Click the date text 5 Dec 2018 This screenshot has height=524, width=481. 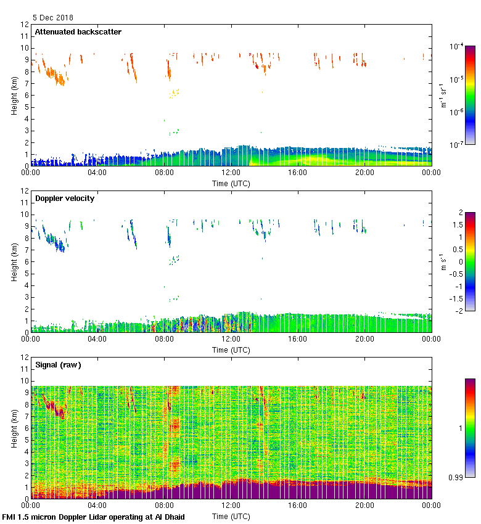53,18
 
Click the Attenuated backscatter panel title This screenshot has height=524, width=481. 78,32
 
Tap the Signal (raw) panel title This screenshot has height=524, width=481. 58,365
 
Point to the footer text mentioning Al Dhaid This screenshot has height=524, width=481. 94,517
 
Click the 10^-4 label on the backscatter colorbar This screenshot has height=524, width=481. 457,47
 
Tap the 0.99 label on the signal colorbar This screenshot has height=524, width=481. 457,477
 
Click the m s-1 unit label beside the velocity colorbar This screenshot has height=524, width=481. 443,261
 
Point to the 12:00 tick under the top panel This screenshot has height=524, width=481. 231,172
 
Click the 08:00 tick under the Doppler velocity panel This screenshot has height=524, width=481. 164,338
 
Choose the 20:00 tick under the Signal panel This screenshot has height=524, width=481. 364,505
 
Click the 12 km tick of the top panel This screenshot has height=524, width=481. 25,25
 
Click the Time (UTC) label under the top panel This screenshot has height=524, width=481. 231,183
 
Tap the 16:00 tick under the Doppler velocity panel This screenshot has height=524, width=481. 297,338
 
